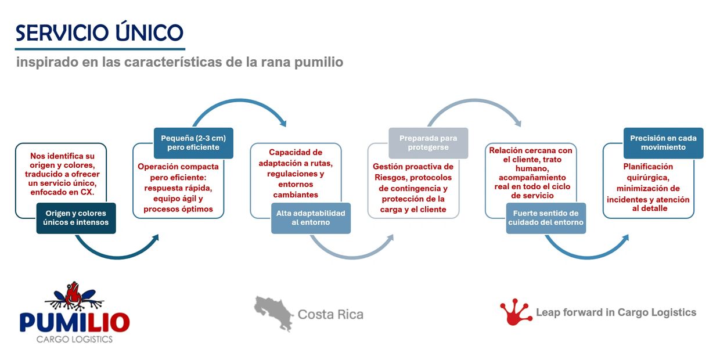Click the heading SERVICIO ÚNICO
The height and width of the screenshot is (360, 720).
click(x=99, y=33)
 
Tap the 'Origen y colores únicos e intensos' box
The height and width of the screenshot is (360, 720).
click(x=76, y=218)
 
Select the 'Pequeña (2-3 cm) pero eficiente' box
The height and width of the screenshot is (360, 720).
click(x=193, y=143)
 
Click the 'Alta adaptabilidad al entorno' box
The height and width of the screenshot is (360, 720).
click(x=311, y=218)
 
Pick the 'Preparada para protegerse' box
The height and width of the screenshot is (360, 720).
click(x=429, y=143)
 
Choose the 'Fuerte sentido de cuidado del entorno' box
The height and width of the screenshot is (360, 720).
click(x=546, y=218)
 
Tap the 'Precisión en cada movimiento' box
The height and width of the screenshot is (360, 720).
click(x=664, y=143)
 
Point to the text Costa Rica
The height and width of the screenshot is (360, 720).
click(x=330, y=314)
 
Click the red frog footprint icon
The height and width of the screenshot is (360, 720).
click(x=515, y=312)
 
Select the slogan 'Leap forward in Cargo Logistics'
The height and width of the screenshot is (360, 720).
click(x=616, y=312)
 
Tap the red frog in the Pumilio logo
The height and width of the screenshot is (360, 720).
click(x=73, y=293)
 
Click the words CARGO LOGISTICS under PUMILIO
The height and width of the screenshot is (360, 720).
click(x=74, y=339)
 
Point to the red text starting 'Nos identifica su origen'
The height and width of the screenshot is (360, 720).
click(x=62, y=174)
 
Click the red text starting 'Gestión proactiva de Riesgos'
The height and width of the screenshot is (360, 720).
click(x=413, y=188)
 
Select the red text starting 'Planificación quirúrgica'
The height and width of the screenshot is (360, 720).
click(x=648, y=188)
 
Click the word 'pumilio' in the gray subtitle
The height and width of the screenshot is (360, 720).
click(x=319, y=62)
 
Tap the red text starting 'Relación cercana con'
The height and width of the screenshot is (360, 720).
click(x=531, y=173)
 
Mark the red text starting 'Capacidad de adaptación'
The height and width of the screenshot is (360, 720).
click(x=296, y=174)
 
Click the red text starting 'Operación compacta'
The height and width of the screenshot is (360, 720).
click(x=178, y=188)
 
